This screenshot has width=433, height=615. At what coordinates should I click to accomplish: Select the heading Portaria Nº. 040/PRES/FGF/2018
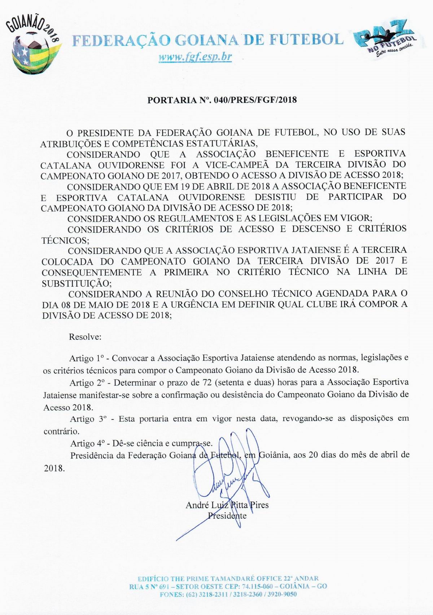[x=222, y=100]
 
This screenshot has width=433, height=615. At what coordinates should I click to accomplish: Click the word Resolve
[x=85, y=337]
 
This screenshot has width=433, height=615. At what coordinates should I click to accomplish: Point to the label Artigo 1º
[x=87, y=358]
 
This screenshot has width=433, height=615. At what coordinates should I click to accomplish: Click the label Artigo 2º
[x=87, y=382]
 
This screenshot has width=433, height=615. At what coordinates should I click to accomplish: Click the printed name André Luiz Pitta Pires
[x=227, y=505]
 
